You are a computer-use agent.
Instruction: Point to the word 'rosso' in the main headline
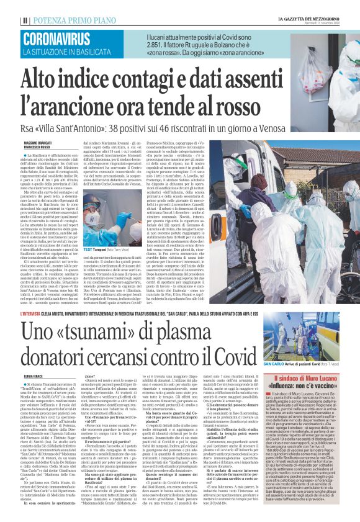242,107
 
